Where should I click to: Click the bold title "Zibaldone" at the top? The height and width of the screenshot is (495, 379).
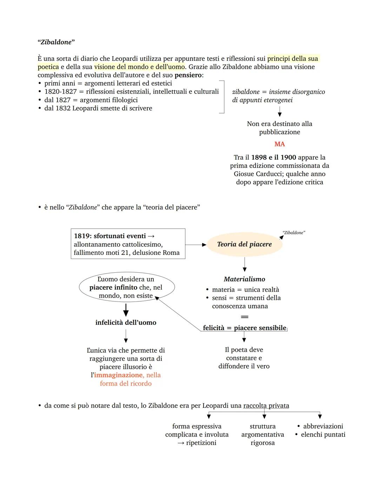pos(56,42)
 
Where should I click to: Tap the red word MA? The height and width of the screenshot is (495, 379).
pos(280,144)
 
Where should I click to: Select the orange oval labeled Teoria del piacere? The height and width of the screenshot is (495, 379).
pos(245,244)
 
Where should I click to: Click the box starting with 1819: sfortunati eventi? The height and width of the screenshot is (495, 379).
pos(128,244)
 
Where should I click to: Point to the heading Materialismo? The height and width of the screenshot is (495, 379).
pos(245,279)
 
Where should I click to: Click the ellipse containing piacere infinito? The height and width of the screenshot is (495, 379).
pos(126,287)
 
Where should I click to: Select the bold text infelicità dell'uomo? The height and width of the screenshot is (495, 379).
pos(126,323)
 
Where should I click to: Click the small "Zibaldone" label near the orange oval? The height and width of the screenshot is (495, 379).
pos(294,233)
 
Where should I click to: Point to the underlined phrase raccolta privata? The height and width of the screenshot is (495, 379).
pos(266,406)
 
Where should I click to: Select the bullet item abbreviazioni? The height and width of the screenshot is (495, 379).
pos(323,426)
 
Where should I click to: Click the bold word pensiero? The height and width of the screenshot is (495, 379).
pos(188,75)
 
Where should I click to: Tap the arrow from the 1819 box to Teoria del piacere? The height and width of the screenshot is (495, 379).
pos(196,245)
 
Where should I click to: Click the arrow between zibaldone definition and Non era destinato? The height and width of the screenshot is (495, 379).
pos(280,111)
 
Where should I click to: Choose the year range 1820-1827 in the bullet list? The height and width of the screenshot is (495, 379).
pos(60,91)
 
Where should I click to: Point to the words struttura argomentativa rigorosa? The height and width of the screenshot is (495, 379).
pos(262,435)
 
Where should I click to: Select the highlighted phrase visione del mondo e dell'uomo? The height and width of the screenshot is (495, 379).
pos(139,67)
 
